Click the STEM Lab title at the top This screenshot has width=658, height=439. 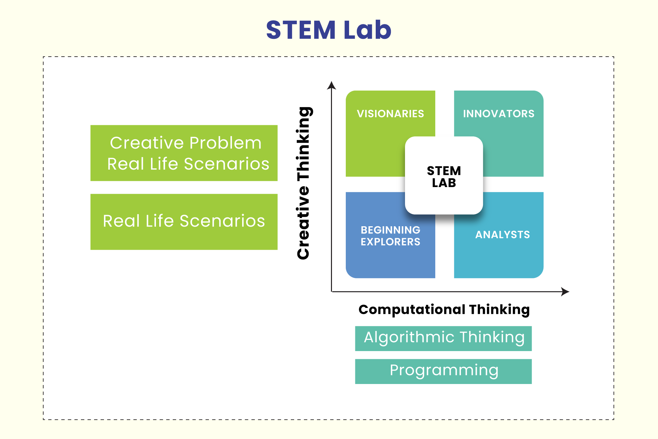point(328,30)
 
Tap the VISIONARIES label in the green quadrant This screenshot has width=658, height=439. point(390,114)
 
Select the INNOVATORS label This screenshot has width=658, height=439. point(498,114)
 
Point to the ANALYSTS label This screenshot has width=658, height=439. point(502,234)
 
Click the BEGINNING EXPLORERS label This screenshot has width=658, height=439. point(390,236)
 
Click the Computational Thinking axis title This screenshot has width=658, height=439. point(444,310)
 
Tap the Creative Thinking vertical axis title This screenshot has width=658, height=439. point(303,183)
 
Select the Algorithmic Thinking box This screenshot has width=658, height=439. point(443,338)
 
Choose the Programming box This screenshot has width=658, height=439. point(443,371)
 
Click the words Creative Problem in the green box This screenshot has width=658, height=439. point(186,143)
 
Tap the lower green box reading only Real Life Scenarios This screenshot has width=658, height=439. point(184,221)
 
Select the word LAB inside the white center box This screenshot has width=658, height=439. point(444,183)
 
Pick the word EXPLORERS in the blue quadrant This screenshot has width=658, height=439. point(390,242)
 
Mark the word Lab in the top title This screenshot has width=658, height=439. point(367,30)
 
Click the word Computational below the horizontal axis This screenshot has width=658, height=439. point(412,310)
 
